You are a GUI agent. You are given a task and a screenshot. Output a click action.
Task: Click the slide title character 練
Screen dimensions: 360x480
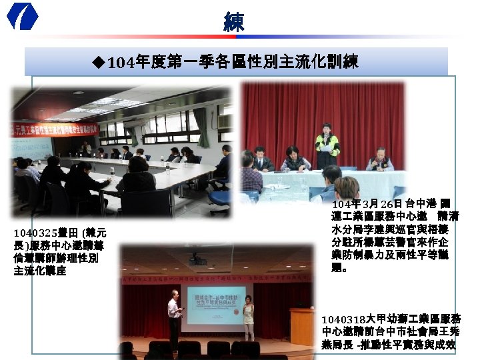(234, 21)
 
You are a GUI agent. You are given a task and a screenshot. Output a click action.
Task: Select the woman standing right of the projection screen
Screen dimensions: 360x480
(249, 317)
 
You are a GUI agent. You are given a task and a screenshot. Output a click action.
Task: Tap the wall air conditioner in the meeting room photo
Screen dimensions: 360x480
(224, 121)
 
